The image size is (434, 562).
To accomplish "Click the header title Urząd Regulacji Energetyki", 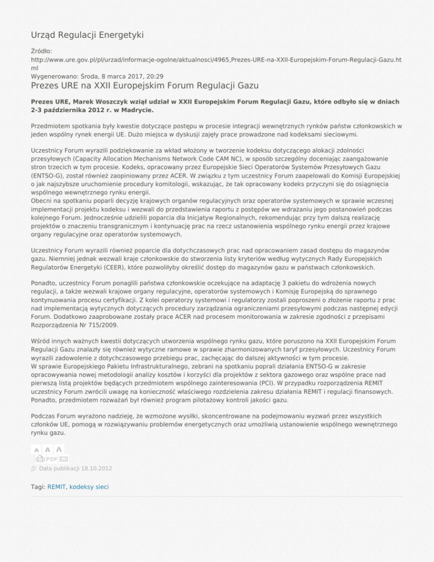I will click(87, 35).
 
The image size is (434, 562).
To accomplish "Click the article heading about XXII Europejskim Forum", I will click(144, 86).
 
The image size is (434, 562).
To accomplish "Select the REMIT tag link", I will click(57, 487).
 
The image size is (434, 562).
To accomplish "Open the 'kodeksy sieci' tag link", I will click(89, 487).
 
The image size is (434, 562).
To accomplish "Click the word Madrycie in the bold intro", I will click(135, 110).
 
